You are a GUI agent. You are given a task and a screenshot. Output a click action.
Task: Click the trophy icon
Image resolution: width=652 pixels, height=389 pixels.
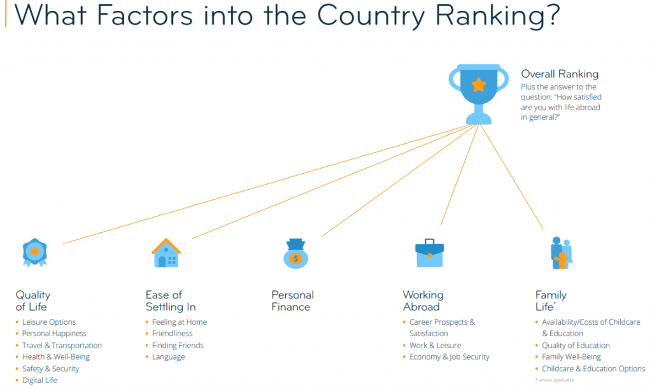pyautogui.click(x=479, y=94)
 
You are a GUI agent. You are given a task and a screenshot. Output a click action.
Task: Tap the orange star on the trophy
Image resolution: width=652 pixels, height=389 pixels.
pyautogui.click(x=479, y=85)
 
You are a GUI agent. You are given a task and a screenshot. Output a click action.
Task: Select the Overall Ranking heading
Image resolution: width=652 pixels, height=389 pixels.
pyautogui.click(x=560, y=74)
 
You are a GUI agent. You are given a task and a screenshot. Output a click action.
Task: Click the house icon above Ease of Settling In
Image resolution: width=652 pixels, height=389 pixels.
pyautogui.click(x=166, y=253)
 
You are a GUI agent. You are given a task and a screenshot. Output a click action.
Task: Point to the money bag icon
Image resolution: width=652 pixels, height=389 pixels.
pyautogui.click(x=295, y=253)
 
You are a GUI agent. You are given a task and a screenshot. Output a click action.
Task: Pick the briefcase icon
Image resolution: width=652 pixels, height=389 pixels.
pyautogui.click(x=430, y=253)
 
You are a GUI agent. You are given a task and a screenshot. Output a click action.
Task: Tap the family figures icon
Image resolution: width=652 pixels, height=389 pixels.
pyautogui.click(x=562, y=253)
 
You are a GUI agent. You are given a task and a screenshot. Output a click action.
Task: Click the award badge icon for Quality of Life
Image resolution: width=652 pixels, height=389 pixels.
pyautogui.click(x=35, y=252)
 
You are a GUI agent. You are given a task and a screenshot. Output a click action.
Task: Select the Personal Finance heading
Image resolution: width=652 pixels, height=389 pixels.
pyautogui.click(x=292, y=301)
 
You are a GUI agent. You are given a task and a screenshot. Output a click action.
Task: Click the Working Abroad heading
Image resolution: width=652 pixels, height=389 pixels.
pyautogui.click(x=423, y=301)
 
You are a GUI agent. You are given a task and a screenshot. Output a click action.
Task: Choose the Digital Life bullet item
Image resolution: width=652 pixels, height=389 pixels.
pyautogui.click(x=39, y=380)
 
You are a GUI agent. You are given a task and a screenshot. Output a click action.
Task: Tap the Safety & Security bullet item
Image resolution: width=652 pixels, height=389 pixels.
pyautogui.click(x=50, y=369)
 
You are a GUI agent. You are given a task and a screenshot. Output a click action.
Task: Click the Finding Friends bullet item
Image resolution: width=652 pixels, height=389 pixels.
pyautogui.click(x=178, y=345)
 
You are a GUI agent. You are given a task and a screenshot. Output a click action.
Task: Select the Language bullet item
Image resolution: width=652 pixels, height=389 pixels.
pyautogui.click(x=168, y=357)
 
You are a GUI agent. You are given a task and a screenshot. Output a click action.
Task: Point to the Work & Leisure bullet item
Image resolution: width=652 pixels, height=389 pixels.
pyautogui.click(x=435, y=345)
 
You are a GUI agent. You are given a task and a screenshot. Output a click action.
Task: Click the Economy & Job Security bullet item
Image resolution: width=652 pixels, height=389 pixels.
pyautogui.click(x=449, y=357)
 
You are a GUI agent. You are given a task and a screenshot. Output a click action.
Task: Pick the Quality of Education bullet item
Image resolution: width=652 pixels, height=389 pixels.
pyautogui.click(x=576, y=345)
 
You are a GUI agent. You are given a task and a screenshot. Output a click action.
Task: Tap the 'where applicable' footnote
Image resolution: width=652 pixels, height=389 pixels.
pyautogui.click(x=555, y=380)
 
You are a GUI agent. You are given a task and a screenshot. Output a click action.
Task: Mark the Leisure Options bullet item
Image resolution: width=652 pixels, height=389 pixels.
pyautogui.click(x=48, y=322)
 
